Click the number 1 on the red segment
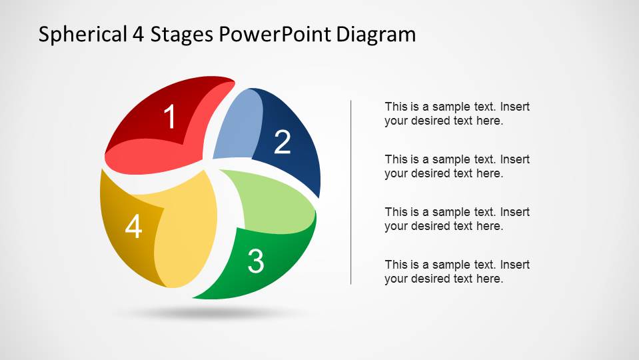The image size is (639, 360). (171, 118)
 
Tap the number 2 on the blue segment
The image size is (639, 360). (283, 142)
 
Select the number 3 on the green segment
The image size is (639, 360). (255, 261)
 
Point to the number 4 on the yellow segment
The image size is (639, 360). (134, 228)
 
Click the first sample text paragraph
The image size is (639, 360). (457, 114)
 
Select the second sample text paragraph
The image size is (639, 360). (457, 167)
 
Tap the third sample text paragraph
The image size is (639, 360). (457, 219)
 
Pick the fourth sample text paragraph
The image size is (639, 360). (457, 272)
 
